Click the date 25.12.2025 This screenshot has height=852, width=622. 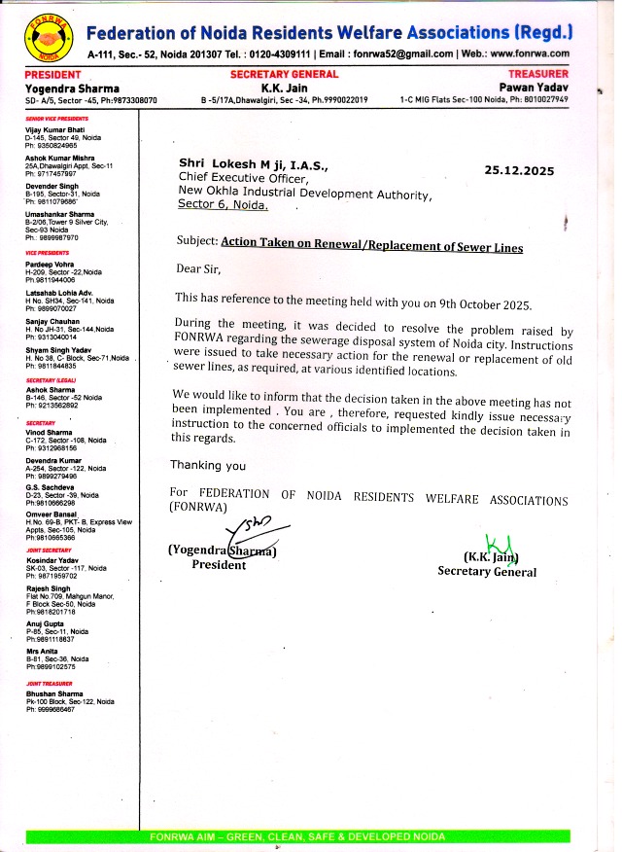[518, 171]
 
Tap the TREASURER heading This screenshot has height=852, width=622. [537, 74]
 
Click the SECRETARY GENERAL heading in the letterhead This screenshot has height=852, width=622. [284, 74]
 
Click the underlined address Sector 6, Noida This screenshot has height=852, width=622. [222, 206]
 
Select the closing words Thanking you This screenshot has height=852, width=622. [208, 466]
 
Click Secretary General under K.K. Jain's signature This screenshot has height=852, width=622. [486, 572]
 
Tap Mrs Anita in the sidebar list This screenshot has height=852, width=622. [42, 652]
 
